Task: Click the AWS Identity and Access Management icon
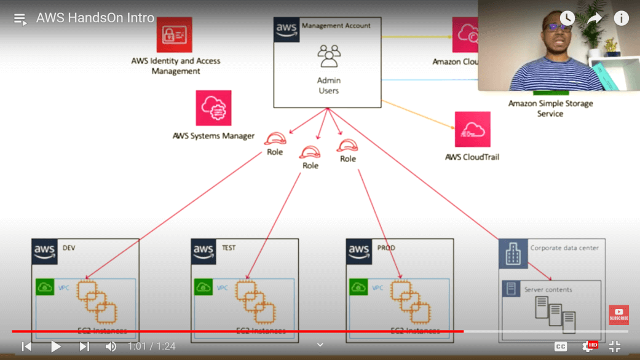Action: [x=174, y=35]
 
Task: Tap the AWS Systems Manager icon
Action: [x=213, y=108]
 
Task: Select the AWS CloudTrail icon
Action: [x=472, y=130]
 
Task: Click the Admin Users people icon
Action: [x=329, y=56]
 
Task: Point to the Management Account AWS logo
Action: [x=286, y=29]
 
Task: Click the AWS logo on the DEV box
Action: [x=45, y=252]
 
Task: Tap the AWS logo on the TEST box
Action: [x=203, y=252]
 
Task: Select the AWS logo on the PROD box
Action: [x=359, y=252]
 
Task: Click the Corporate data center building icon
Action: [x=513, y=254]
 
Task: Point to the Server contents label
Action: [x=548, y=289]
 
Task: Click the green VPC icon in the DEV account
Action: [x=45, y=287]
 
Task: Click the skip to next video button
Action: [x=84, y=346]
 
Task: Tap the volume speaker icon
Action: [x=111, y=346]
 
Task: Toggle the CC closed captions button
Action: [x=561, y=346]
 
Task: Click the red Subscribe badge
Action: [x=618, y=315]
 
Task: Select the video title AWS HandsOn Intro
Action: [x=95, y=18]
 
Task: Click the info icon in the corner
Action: [x=621, y=18]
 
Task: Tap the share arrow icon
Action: [x=594, y=18]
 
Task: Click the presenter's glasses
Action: [x=557, y=28]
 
